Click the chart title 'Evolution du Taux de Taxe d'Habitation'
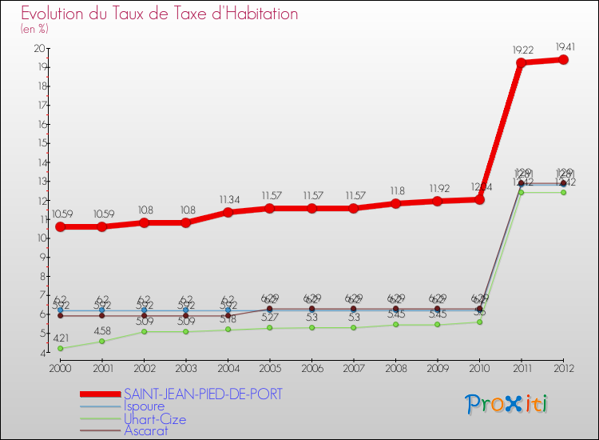pos(160,14)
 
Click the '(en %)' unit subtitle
pos(34,30)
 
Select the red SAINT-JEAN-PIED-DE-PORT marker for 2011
pos(521,63)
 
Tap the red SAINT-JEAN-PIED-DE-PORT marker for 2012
pos(563,59)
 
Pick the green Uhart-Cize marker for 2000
pos(60,348)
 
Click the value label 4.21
pos(60,338)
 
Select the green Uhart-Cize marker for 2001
pos(101,342)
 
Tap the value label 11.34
pos(228,199)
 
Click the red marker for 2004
pos(228,213)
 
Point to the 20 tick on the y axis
pos(38,48)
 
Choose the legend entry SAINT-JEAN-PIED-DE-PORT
pos(202,394)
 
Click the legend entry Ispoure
pos(147,406)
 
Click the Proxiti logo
pos(507,404)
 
